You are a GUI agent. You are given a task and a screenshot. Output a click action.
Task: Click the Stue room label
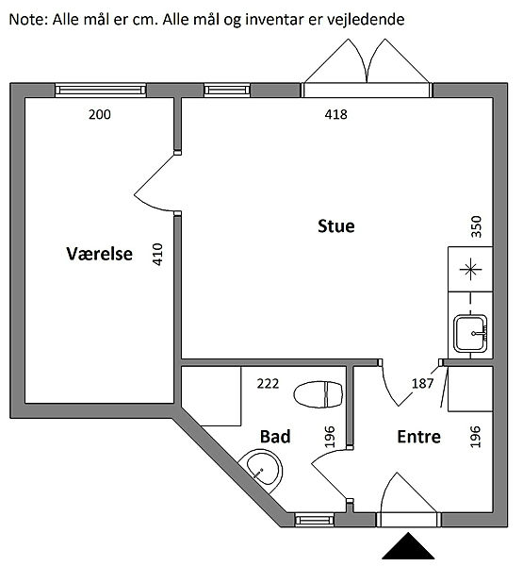tap(336, 226)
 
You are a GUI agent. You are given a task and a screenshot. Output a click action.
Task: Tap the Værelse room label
tap(99, 254)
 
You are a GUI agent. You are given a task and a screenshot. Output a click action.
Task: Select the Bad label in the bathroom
tap(275, 437)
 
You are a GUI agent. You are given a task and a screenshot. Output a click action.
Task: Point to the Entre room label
tap(418, 437)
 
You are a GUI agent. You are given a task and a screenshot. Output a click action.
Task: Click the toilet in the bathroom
tap(319, 394)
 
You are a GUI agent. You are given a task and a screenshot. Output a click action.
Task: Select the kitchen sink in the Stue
tap(471, 334)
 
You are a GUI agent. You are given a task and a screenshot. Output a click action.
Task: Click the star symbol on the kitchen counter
tap(470, 269)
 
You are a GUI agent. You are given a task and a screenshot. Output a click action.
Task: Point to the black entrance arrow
tap(408, 545)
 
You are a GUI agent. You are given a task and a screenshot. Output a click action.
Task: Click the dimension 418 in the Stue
tap(335, 114)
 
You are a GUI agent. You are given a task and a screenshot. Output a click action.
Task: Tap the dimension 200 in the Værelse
tap(100, 114)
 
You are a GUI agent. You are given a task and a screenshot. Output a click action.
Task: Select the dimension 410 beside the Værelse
tap(158, 255)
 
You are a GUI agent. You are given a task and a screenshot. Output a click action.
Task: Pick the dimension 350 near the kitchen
tap(477, 226)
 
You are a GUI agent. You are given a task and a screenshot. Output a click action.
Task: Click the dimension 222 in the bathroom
tap(268, 383)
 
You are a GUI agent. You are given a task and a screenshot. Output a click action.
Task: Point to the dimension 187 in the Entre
tap(422, 383)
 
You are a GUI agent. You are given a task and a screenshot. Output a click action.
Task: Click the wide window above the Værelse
tap(101, 90)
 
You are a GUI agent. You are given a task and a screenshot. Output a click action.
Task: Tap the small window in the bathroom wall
tap(315, 520)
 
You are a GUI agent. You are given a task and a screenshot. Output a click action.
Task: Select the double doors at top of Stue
tap(367, 69)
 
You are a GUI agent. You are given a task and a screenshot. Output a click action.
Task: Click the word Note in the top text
tap(28, 19)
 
